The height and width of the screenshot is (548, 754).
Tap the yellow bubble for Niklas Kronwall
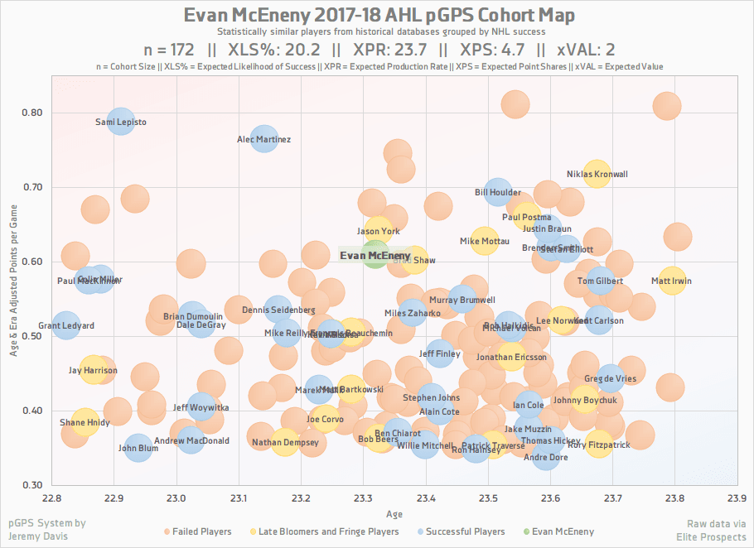597,175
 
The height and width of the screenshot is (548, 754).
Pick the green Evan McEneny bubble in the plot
375,256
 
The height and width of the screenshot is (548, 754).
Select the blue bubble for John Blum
138,448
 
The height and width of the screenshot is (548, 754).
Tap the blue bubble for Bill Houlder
497,192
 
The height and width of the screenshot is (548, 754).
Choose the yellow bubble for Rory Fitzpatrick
598,445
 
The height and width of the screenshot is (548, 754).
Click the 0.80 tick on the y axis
32,113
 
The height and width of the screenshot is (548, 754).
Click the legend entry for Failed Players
198,531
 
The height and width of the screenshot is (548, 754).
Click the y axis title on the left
14,281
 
